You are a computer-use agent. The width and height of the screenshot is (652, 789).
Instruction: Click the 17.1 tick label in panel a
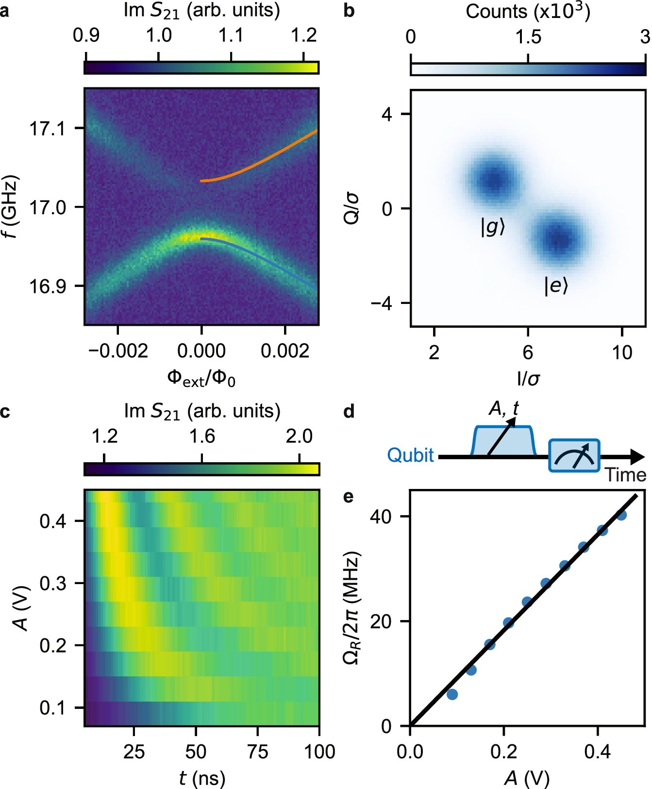[x=47, y=129]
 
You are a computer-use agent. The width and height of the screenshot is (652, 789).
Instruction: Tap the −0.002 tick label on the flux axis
[x=118, y=351]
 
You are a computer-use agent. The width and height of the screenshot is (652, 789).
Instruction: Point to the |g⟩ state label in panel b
[x=493, y=227]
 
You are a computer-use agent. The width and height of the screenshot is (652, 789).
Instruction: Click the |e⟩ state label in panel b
[x=556, y=285]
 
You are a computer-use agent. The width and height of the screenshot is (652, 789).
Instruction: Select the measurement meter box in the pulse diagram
[x=574, y=455]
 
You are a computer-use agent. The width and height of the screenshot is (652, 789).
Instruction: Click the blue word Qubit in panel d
[x=410, y=455]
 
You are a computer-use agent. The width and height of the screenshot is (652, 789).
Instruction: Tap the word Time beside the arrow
[x=625, y=475]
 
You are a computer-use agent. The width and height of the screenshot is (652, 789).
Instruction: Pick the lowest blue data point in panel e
[x=452, y=694]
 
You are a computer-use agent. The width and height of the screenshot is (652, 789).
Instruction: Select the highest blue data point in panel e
[x=621, y=515]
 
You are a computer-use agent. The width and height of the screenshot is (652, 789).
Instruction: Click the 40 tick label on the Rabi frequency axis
[x=380, y=516]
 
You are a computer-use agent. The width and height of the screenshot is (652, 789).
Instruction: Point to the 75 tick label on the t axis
[x=257, y=752]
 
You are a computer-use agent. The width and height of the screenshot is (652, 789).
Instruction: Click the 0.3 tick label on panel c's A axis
[x=53, y=583]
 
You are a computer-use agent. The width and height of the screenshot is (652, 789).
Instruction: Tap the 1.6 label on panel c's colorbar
[x=202, y=436]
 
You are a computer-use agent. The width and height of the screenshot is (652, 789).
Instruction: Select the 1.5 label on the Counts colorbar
[x=528, y=37]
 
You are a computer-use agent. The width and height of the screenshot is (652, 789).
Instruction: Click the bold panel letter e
[x=348, y=496]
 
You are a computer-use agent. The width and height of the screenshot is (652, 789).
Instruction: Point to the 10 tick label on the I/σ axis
[x=622, y=353]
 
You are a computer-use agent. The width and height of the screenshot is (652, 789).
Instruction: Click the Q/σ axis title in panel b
[x=351, y=208]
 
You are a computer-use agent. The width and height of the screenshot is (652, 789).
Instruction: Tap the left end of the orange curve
[x=202, y=181]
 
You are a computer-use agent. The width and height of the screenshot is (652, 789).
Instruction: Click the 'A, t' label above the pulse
[x=503, y=409]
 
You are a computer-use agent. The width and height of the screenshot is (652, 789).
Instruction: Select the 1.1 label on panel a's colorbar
[x=231, y=35]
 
